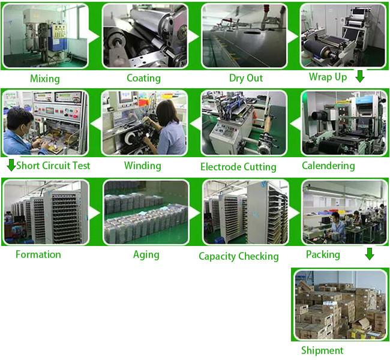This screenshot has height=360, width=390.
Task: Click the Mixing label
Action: pos(45,79)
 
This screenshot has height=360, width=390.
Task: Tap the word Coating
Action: pos(144,78)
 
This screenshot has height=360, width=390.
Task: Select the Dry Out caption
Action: pos(246,78)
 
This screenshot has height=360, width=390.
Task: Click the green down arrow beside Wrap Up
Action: pos(360,76)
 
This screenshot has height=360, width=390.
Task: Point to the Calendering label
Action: pos(328,166)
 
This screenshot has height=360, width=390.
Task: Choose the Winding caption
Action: pos(143,166)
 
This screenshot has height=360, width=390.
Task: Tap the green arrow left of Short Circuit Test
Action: pos(11,165)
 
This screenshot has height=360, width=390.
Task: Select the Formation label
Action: pos(38,254)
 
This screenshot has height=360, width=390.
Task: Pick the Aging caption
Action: pos(146,255)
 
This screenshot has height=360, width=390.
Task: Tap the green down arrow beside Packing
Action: pos(370,254)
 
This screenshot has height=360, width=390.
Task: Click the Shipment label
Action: pos(322,350)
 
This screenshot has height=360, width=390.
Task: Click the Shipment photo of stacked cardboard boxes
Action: pos(340,305)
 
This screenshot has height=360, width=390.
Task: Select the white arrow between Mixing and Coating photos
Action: pos(94,37)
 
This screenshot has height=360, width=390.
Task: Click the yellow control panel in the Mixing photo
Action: pos(59,31)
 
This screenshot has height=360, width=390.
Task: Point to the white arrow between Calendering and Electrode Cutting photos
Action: pos(295,124)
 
